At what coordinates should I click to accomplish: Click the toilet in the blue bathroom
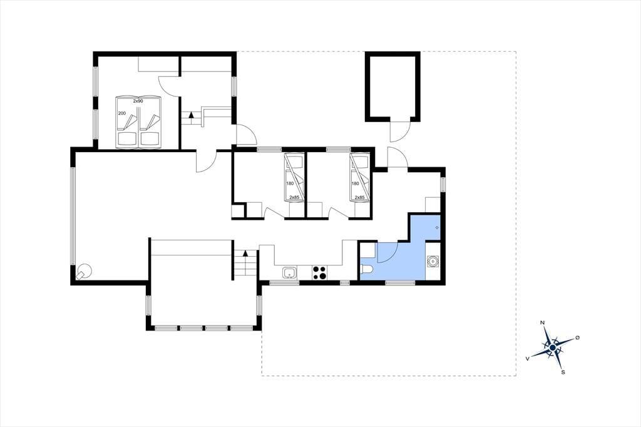click(367, 269)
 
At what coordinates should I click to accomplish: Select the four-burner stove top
click(319, 272)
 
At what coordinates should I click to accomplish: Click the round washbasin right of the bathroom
click(433, 260)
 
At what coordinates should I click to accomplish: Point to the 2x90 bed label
click(138, 101)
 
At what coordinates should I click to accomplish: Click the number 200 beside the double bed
click(122, 113)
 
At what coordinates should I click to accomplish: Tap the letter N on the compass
click(543, 322)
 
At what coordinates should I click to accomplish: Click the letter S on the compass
click(563, 372)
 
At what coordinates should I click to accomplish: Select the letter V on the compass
click(528, 358)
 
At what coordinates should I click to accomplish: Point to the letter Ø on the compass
click(577, 337)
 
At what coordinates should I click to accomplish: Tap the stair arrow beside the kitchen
click(245, 253)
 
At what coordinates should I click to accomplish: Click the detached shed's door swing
click(399, 131)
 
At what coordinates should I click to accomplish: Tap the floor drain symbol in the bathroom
click(437, 227)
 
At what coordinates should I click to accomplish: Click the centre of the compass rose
click(553, 347)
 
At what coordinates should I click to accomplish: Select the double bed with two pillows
click(138, 122)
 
